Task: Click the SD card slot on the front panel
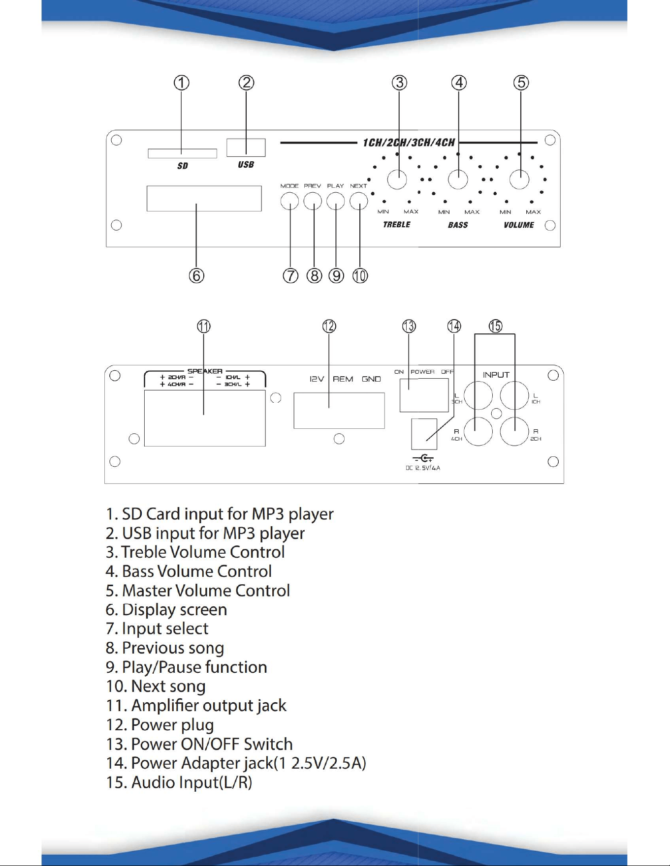(x=182, y=153)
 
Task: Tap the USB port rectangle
(x=246, y=148)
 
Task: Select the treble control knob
(x=397, y=179)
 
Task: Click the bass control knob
(x=458, y=179)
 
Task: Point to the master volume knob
(x=519, y=179)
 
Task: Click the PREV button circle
(x=313, y=201)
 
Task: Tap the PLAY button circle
(x=336, y=201)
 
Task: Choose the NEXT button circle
(x=359, y=201)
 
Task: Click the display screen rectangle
(x=204, y=198)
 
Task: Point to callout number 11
(x=204, y=326)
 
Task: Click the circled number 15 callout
(x=495, y=326)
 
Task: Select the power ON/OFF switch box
(x=424, y=395)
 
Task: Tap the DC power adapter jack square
(x=424, y=434)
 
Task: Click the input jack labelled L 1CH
(x=514, y=395)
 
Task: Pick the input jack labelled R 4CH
(x=478, y=431)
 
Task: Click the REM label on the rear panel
(x=343, y=379)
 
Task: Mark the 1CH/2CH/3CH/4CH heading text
(x=409, y=143)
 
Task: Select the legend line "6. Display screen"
(x=166, y=610)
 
